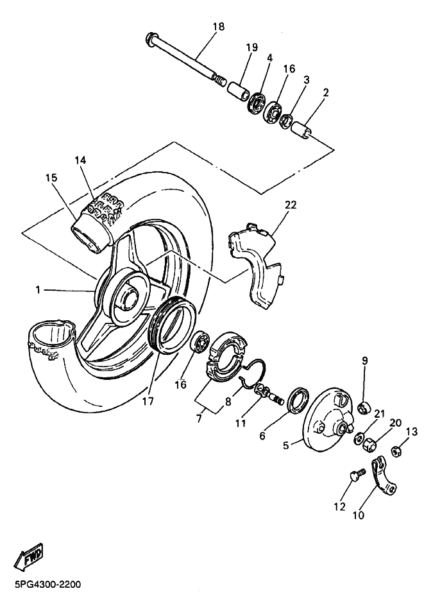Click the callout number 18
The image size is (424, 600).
pyautogui.click(x=218, y=27)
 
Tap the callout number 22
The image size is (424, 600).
pyautogui.click(x=291, y=205)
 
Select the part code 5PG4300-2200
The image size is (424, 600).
pyautogui.click(x=46, y=585)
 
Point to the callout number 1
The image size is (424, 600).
pyautogui.click(x=38, y=290)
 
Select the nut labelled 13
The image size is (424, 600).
pyautogui.click(x=396, y=451)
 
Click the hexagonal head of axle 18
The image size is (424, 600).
pyautogui.click(x=151, y=37)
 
